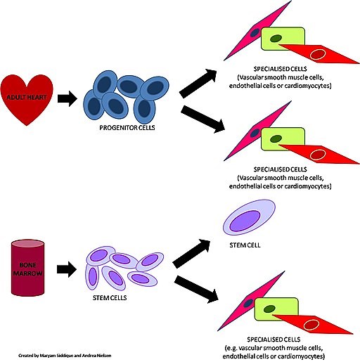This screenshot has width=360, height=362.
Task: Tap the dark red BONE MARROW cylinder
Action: pos(27,269)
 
